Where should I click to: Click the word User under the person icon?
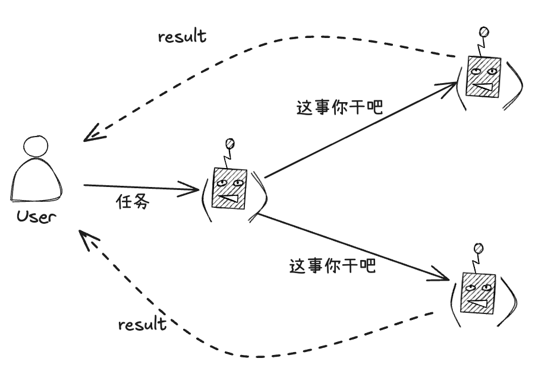36,217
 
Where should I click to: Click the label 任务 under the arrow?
132,202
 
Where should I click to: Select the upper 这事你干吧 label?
339,108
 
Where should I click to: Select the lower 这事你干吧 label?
333,265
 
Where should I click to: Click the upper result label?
182,37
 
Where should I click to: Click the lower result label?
142,325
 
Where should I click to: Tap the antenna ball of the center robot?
230,144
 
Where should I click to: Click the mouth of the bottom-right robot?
478,305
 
